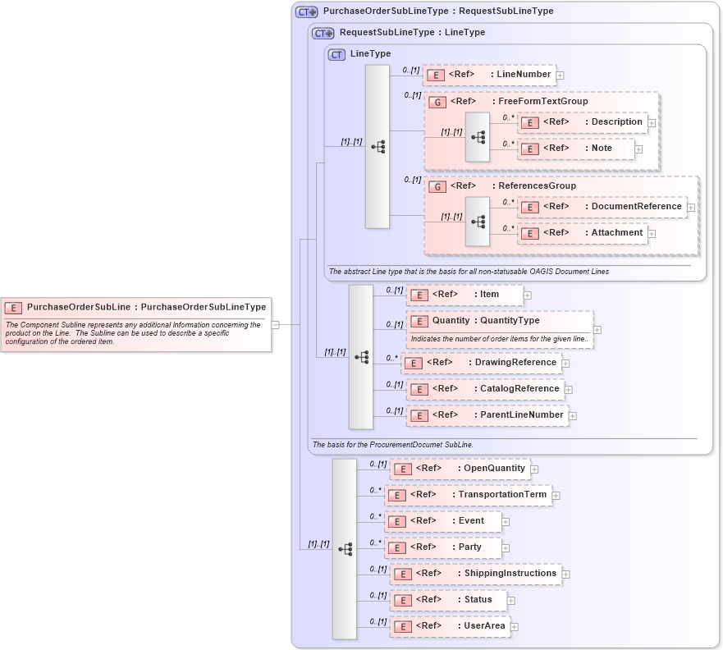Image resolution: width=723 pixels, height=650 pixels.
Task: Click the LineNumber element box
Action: click(489, 75)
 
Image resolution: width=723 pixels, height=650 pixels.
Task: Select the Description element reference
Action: click(582, 122)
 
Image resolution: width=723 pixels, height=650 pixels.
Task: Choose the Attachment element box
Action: click(582, 233)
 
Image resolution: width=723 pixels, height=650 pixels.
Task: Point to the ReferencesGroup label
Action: click(537, 186)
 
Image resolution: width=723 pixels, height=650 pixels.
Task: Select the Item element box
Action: click(464, 295)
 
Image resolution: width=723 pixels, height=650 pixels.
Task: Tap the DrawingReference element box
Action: click(480, 363)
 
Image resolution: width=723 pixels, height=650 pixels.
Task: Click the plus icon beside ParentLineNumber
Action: click(573, 416)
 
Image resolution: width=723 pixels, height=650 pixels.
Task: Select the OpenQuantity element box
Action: click(460, 469)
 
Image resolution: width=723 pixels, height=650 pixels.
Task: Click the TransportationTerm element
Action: click(468, 495)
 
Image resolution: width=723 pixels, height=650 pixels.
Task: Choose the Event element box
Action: click(443, 521)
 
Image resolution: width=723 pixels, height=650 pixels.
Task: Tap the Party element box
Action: click(443, 547)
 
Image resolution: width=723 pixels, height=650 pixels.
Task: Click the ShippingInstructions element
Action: click(475, 574)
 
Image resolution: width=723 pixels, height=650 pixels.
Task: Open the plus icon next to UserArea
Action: click(515, 627)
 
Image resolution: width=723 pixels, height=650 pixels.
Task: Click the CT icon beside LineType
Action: click(336, 54)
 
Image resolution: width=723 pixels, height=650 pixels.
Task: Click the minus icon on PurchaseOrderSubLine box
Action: click(276, 324)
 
